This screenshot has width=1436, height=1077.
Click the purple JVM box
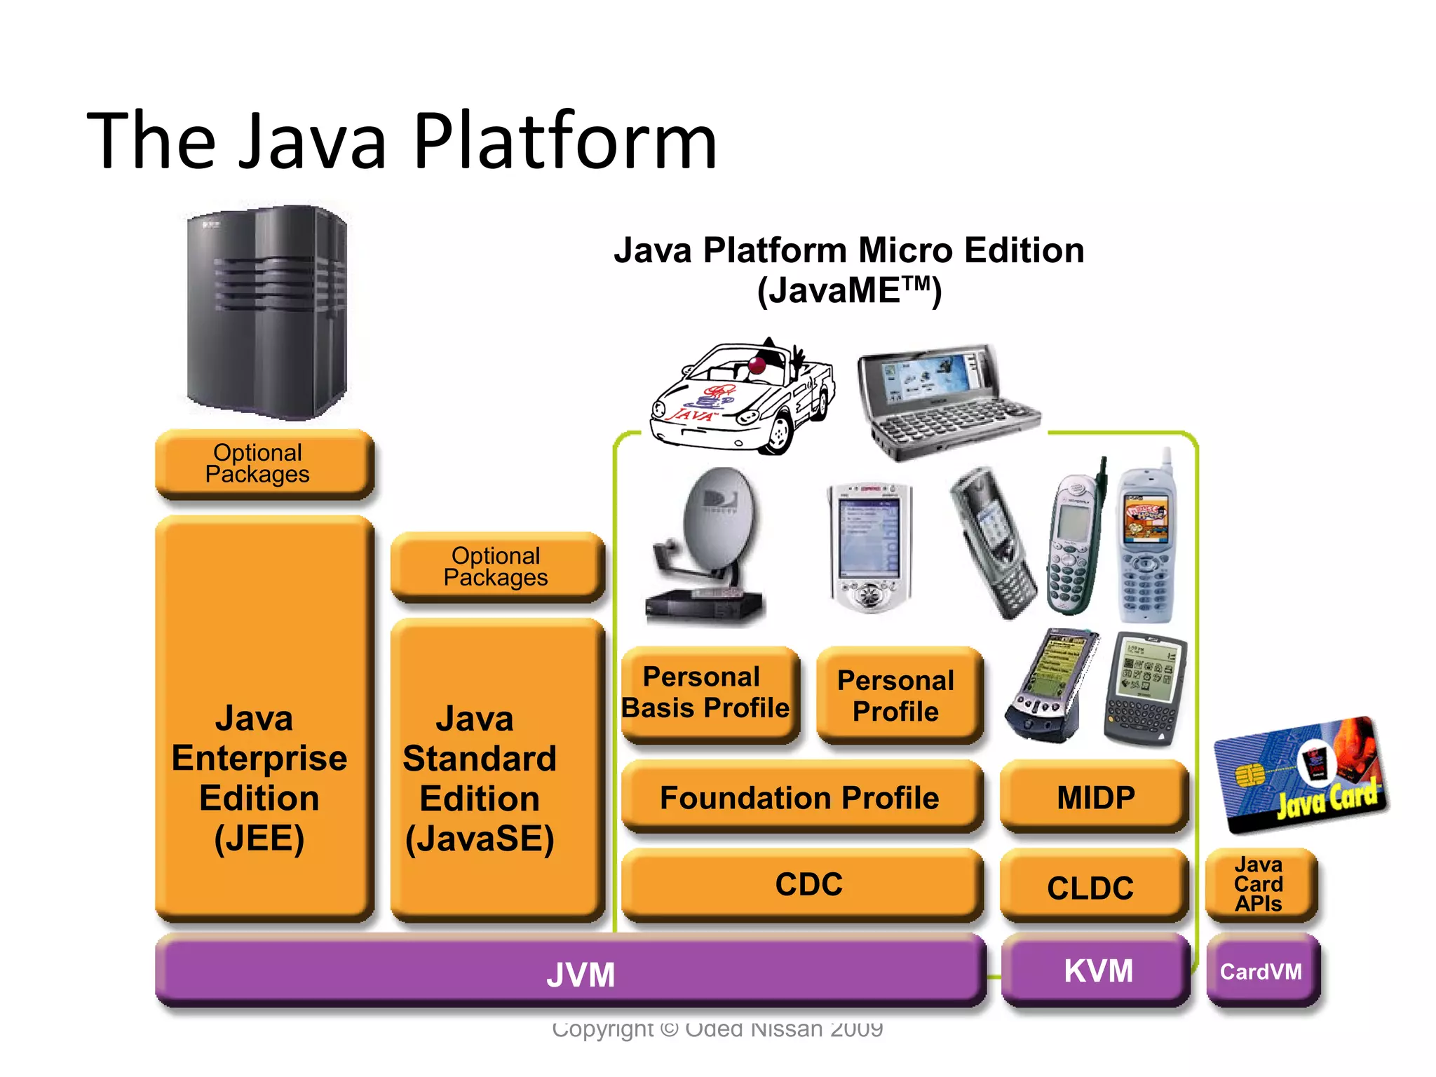[x=571, y=973]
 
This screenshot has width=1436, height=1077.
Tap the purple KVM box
[x=1097, y=972]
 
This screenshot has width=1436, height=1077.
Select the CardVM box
[x=1261, y=972]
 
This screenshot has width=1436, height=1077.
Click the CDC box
[x=804, y=885]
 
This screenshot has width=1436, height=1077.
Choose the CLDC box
[x=1092, y=887]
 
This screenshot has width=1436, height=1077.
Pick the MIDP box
[x=1094, y=797]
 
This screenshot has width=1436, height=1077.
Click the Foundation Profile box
[x=801, y=797]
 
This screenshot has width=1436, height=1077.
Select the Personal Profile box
[x=898, y=696]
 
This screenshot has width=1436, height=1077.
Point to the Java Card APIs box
[x=1260, y=885]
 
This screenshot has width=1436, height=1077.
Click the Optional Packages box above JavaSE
[x=496, y=567]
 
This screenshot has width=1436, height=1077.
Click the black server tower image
[x=266, y=312]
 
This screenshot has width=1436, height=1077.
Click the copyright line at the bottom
[x=717, y=1029]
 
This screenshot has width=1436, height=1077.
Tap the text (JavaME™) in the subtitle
[x=849, y=290]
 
